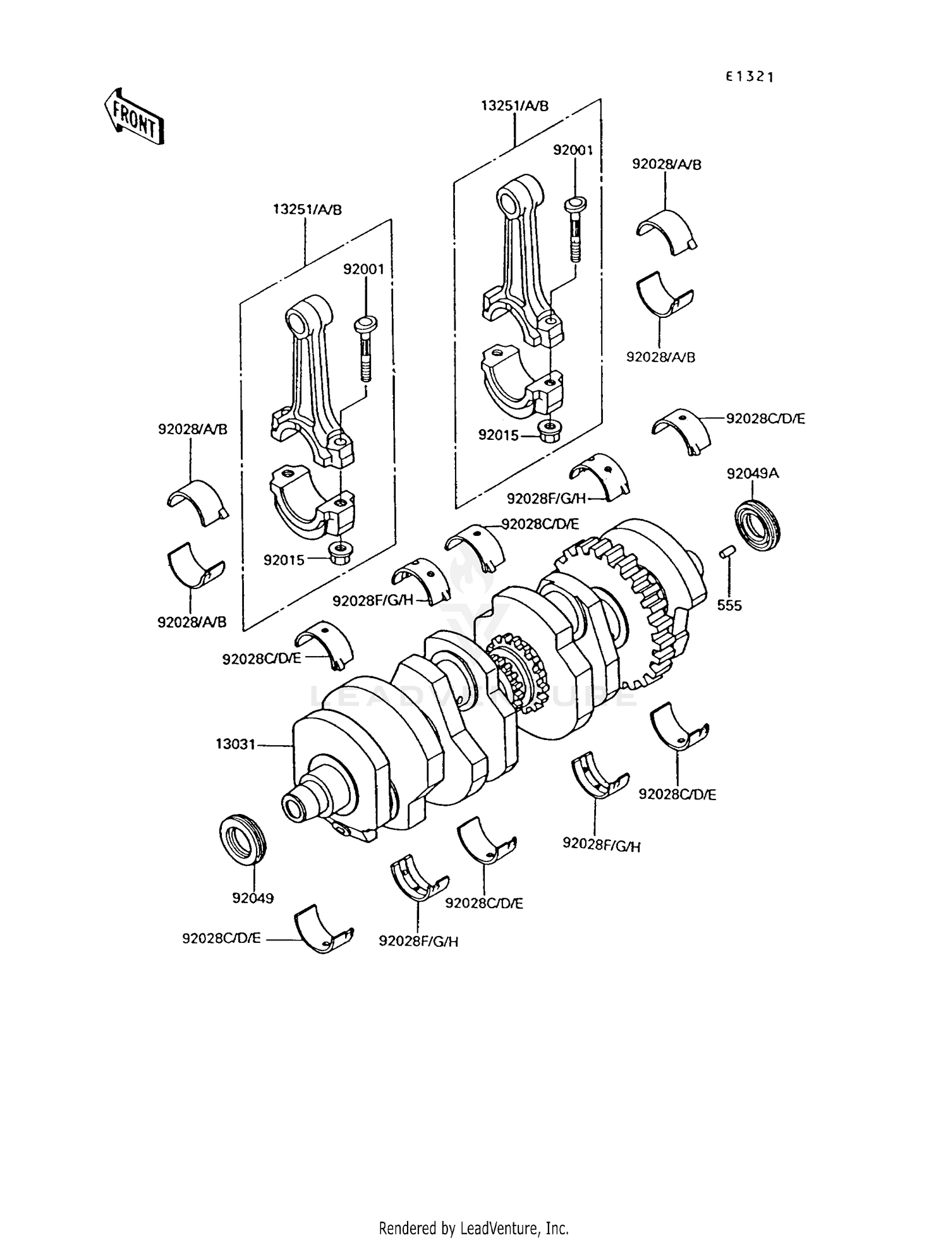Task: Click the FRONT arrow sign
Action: pos(134,118)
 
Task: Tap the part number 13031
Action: pos(235,745)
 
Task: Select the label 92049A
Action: pos(752,473)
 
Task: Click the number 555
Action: pos(729,605)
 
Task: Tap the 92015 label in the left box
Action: pos(284,560)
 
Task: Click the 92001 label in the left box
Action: pos(363,269)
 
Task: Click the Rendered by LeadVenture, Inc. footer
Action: pos(473,1228)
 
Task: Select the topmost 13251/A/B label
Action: pos(514,106)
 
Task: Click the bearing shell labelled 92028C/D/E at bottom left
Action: pos(322,929)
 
